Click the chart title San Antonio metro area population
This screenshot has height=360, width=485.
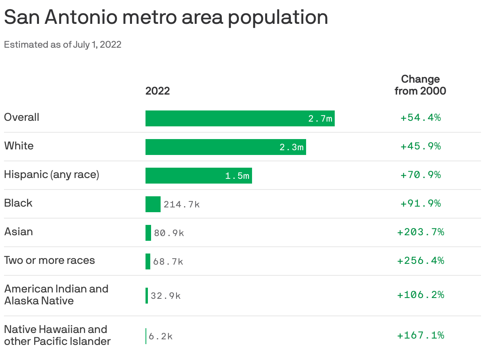[166, 18]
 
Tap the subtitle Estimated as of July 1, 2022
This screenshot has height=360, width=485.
[62, 45]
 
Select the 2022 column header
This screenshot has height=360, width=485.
[157, 91]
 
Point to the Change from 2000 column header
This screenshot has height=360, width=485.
[420, 85]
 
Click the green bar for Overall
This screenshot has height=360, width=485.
[240, 118]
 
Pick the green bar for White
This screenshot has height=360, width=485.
[225, 147]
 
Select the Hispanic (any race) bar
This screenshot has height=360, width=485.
[198, 176]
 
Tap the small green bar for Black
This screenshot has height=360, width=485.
[153, 204]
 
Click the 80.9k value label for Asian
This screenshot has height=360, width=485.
[169, 233]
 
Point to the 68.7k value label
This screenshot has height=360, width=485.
[168, 261]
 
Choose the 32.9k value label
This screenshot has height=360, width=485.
[165, 296]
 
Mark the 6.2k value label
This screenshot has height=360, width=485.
[161, 337]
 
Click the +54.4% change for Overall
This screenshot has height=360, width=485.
[421, 118]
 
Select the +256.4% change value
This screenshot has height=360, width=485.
[421, 261]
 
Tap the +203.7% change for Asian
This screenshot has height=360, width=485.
[421, 232]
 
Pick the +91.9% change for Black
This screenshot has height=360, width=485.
[421, 203]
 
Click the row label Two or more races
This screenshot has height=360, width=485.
[50, 261]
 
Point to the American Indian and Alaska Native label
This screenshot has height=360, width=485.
[56, 294]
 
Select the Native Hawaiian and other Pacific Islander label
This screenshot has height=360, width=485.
[57, 335]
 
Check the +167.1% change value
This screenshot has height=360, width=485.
[421, 335]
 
